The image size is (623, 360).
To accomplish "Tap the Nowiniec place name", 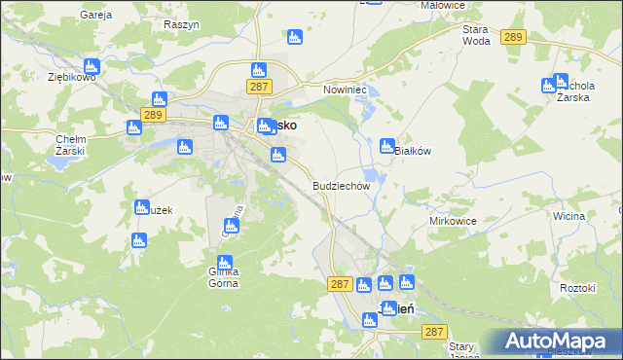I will coord(343,89).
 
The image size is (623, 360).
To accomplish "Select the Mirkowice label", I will coord(453,221).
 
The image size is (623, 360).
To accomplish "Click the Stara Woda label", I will coord(476,35).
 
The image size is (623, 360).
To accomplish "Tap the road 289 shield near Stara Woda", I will coord(514,37).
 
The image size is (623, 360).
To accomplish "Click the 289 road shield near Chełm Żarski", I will coord(152,115).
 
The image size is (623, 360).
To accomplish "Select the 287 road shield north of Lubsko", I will coord(258,87).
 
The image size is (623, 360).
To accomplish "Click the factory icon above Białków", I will coord(387,146).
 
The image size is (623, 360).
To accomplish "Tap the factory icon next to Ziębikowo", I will coord(92,67).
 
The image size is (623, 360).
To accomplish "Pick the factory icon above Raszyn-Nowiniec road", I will coord(295,38).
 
